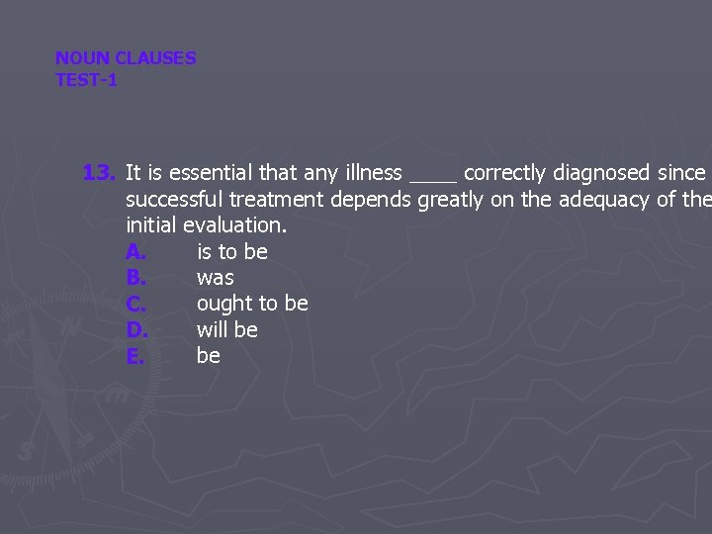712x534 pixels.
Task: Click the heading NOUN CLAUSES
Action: [x=126, y=58]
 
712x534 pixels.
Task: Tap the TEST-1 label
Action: [x=86, y=80]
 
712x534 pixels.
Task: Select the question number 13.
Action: [x=100, y=173]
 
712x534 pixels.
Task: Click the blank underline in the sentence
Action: [x=432, y=178]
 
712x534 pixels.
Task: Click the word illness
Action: [x=368, y=173]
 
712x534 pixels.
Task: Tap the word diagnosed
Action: [x=601, y=173]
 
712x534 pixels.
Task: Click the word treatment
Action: [x=276, y=200]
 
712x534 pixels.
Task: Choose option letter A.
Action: [x=136, y=252]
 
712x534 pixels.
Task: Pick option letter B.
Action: [x=136, y=278]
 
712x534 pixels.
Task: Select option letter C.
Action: [x=136, y=304]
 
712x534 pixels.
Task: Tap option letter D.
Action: [x=136, y=329]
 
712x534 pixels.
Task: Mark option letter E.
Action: [x=135, y=356]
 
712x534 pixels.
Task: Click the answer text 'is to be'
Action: [x=232, y=252]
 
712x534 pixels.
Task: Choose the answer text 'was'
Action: [x=216, y=278]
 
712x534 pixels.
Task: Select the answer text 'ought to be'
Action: [x=252, y=304]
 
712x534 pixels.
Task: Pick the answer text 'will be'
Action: [x=227, y=329]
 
